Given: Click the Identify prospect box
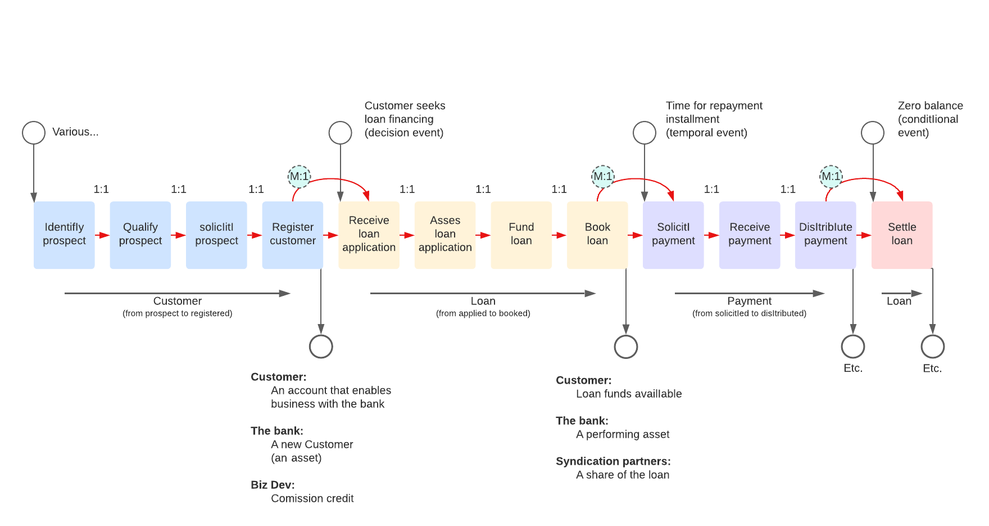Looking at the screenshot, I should tap(64, 235).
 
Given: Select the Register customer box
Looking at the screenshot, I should tap(292, 235).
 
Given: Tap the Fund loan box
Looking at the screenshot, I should tap(521, 235).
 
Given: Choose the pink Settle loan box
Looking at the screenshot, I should tap(901, 235).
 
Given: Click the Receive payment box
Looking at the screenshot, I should tap(749, 235).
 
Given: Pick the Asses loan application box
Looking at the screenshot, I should tap(444, 235).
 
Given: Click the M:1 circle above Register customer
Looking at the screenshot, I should tap(299, 177).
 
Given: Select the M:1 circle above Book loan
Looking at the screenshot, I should tap(603, 177).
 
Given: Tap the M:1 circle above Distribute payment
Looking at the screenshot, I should tap(831, 177).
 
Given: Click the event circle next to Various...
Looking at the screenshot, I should tap(34, 133).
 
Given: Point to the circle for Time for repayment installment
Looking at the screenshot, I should tap(644, 133).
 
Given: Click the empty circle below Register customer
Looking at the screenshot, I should tap(321, 347).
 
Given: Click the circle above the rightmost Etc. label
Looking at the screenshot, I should tap(932, 347).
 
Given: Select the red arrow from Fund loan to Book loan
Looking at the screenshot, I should tap(559, 235).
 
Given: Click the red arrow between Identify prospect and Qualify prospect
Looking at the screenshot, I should tap(102, 235).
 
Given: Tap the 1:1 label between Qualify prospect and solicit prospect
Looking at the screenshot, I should tap(179, 190).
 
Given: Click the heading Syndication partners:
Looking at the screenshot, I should tap(613, 461).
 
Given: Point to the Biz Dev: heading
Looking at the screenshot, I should tap(273, 485).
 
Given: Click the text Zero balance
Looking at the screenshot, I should tap(930, 106).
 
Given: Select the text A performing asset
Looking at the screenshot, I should tap(623, 434).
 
